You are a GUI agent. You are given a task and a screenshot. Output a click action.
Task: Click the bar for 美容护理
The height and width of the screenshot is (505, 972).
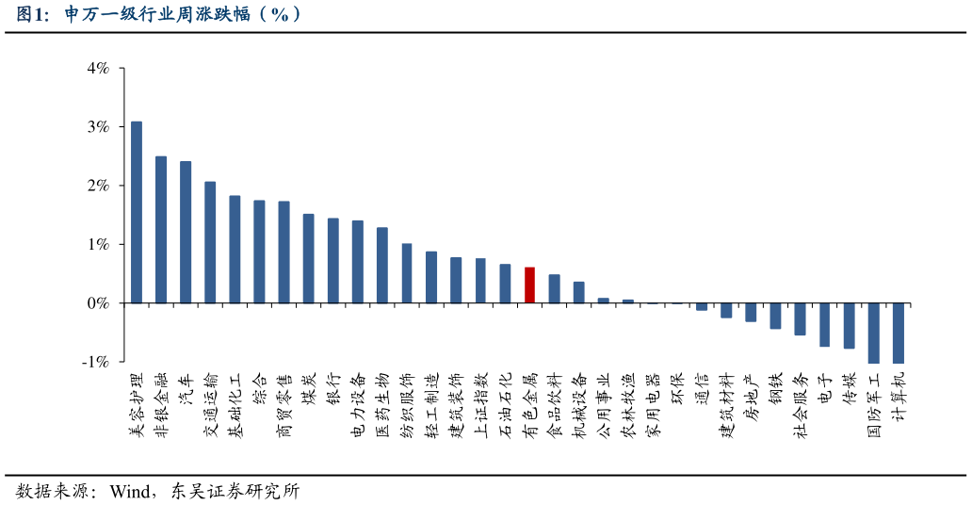[137, 212]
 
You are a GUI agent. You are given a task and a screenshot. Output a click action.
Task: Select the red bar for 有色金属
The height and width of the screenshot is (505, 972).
[529, 285]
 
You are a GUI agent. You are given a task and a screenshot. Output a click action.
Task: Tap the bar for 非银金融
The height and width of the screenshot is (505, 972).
[161, 230]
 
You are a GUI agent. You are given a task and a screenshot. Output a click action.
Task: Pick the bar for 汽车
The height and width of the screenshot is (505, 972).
[186, 232]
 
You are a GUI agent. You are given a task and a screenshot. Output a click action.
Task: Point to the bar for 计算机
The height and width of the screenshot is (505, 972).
[898, 333]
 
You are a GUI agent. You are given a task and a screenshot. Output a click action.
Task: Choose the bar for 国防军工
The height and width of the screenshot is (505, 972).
[873, 333]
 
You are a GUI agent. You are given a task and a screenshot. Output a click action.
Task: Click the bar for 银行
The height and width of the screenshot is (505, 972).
[332, 261]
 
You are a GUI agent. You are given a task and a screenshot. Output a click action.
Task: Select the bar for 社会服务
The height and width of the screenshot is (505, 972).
[800, 319]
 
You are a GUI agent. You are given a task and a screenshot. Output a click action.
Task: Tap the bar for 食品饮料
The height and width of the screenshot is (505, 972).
[554, 289]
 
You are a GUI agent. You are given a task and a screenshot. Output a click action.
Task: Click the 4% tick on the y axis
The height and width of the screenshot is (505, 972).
[98, 68]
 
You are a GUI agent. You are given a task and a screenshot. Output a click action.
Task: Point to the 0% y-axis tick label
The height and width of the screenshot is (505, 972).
[98, 303]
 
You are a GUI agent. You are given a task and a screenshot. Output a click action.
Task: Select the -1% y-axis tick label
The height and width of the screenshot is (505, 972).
[96, 362]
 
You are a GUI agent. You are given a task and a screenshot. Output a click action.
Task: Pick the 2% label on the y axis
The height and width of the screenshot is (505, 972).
[98, 186]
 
